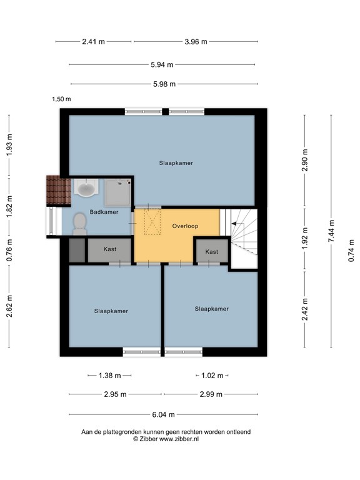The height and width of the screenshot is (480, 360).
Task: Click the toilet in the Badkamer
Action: (79, 224)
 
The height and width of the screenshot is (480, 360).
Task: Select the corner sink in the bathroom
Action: (84, 187)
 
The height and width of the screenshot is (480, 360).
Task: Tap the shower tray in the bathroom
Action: (117, 193)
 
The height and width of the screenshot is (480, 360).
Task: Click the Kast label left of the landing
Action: (110, 249)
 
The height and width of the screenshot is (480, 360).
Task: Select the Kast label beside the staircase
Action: (212, 252)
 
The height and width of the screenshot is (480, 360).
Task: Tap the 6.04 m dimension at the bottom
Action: (162, 414)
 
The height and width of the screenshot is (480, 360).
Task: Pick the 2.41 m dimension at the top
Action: (94, 42)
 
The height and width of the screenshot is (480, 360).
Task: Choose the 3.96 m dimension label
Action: (195, 42)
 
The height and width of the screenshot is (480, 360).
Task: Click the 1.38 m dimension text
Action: (110, 376)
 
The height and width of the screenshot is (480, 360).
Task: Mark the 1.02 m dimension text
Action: (212, 376)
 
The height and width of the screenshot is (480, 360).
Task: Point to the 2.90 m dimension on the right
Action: (304, 161)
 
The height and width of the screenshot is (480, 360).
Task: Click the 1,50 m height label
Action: (61, 99)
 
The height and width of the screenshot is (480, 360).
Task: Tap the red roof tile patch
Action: (59, 189)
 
